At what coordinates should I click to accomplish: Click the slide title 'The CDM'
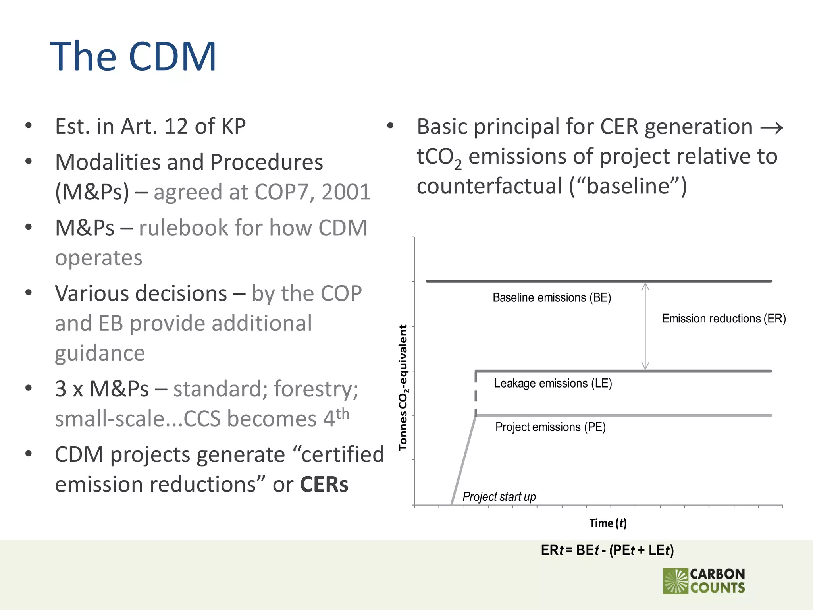133,56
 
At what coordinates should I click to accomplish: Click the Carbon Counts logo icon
675,581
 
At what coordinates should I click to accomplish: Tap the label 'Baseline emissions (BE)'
551,297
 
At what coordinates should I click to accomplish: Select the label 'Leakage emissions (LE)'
553,383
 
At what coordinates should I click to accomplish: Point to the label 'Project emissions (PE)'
550,427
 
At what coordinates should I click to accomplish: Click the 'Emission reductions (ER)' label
724,319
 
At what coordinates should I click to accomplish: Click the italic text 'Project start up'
499,497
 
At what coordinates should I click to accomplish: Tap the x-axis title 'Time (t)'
607,523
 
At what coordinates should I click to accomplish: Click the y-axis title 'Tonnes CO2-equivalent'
403,387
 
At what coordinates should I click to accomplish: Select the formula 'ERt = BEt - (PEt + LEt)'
607,550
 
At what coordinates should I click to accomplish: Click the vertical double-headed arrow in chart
645,326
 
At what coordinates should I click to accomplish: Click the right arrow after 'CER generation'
771,128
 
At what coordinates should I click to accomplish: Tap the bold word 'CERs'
324,485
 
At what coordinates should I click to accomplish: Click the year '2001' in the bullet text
346,192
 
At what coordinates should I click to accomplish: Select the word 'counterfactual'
489,186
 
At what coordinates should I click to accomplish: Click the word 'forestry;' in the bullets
316,388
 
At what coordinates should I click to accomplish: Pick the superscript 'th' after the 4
342,413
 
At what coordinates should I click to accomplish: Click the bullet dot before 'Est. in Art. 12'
29,126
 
